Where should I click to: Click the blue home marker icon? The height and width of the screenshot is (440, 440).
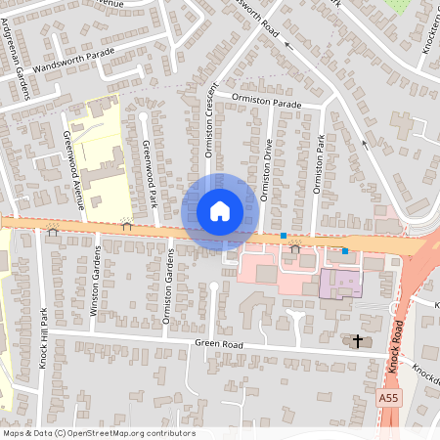point(220,210)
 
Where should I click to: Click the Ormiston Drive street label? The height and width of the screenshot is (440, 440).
point(267,166)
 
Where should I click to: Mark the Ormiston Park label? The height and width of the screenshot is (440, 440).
point(317,164)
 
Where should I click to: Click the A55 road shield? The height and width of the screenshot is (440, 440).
point(390,399)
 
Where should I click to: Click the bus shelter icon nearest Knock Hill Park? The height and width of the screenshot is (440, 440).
point(53,231)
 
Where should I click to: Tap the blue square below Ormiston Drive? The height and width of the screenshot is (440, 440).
point(284,236)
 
